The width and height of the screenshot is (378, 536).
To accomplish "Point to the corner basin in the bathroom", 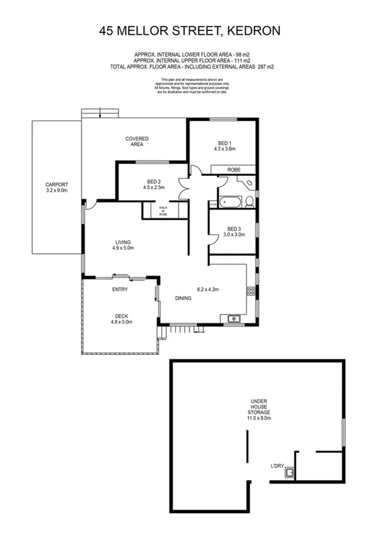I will (x=250, y=183).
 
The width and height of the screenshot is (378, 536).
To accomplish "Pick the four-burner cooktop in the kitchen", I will (x=250, y=292).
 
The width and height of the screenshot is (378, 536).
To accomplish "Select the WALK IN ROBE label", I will (x=163, y=211).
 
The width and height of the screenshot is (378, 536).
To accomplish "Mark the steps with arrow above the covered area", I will (x=100, y=113).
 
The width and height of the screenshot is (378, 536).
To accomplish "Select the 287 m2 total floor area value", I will (x=263, y=66).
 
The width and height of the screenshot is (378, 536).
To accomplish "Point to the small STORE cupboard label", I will (x=213, y=204).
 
